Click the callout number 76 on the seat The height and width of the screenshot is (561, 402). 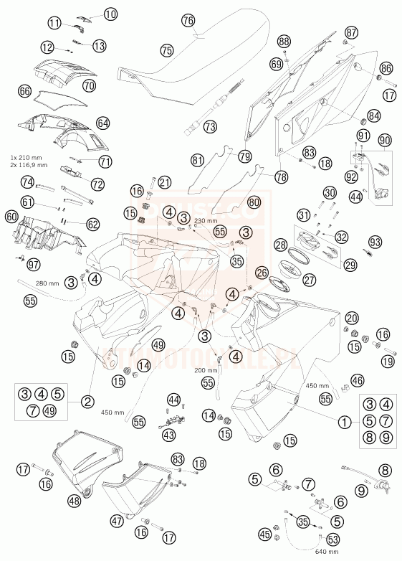[x=188, y=21]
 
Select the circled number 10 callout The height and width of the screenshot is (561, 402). [x=110, y=14]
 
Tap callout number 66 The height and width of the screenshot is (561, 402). [x=24, y=92]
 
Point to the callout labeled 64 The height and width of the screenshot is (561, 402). [x=102, y=123]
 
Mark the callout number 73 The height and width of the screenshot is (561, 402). [x=209, y=126]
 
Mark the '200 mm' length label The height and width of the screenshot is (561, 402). [x=206, y=371]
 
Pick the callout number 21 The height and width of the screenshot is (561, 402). [x=163, y=182]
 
